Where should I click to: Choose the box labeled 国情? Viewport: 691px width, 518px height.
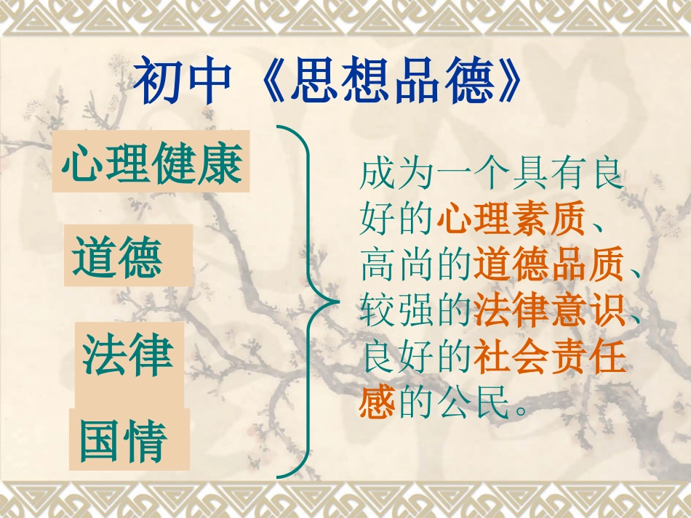pyautogui.click(x=128, y=439)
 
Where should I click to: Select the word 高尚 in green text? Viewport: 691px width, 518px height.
pyautogui.click(x=397, y=267)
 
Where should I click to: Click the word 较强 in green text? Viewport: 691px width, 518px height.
pyautogui.click(x=397, y=313)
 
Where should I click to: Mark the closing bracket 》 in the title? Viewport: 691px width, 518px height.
pyautogui.click(x=507, y=82)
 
